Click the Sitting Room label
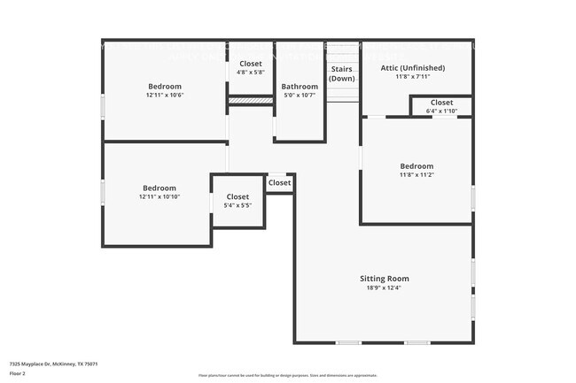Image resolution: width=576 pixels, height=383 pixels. [x=384, y=279]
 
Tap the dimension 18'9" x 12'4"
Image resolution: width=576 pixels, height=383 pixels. [x=384, y=287]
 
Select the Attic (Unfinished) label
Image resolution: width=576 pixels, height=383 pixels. [x=413, y=68]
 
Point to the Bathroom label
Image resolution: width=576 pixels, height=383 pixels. [x=300, y=87]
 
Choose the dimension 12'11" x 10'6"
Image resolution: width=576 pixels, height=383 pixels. [x=165, y=95]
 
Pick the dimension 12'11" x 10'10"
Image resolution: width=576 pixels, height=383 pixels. [x=160, y=196]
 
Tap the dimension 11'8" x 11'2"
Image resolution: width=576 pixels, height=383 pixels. [x=416, y=174]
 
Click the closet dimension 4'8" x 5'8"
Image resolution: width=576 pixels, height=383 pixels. [x=251, y=73]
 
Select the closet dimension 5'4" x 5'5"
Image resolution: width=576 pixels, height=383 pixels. [x=237, y=205]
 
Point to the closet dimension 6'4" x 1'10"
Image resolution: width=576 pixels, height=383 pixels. [x=441, y=111]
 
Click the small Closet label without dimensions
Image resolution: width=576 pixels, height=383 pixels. [x=279, y=183]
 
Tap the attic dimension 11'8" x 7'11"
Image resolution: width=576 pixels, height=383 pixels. [x=413, y=77]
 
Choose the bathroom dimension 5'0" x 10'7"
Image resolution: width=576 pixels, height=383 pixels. [x=300, y=96]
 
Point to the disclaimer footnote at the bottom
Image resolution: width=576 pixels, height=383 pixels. [x=288, y=376]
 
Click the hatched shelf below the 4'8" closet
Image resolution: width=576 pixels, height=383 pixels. [x=251, y=102]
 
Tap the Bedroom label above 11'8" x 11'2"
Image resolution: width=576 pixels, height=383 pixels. [x=416, y=166]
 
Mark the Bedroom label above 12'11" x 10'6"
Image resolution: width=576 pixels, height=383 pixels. [x=165, y=87]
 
